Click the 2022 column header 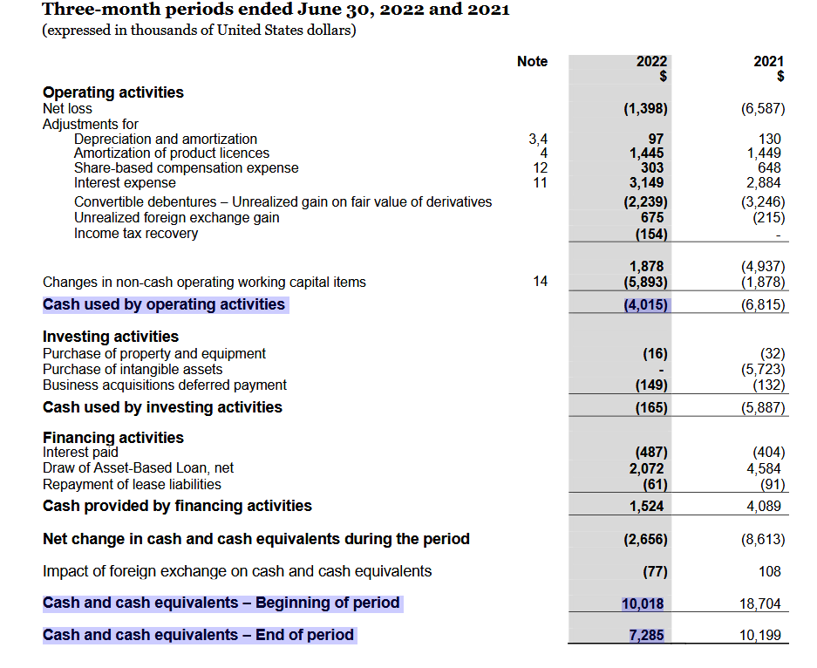tap(651, 61)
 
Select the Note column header tap(532, 61)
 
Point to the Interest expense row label tap(125, 183)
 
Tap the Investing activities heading tap(111, 337)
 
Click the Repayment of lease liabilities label tap(132, 484)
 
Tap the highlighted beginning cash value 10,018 tap(643, 603)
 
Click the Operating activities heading tap(113, 92)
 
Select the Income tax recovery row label tap(136, 234)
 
